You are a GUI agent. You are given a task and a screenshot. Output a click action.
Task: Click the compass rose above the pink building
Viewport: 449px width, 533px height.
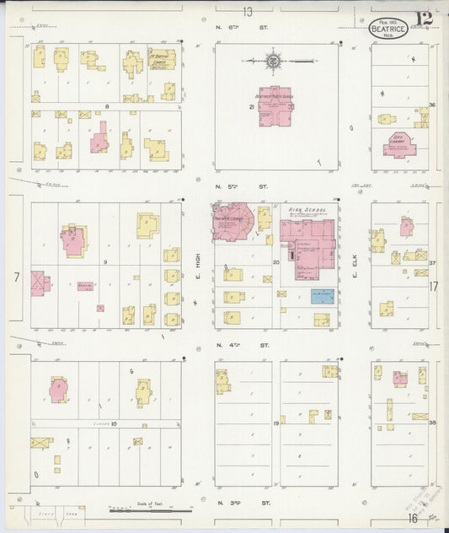point(274,61)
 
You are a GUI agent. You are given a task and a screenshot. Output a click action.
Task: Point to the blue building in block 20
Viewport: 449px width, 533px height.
point(322,296)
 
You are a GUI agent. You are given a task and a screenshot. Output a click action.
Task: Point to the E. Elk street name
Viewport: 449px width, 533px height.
point(355,268)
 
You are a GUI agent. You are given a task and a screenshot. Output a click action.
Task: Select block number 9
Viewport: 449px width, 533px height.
point(105,263)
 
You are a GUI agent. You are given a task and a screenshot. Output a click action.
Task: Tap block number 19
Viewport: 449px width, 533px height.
point(275,423)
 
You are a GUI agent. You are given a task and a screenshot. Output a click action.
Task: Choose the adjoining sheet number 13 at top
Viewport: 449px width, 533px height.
point(247,12)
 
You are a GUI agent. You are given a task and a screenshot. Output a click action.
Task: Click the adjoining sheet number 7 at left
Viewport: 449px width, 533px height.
point(16,277)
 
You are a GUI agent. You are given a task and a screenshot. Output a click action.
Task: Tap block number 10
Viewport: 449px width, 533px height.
point(113,423)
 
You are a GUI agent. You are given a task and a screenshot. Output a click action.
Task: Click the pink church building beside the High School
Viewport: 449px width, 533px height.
point(233,221)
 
